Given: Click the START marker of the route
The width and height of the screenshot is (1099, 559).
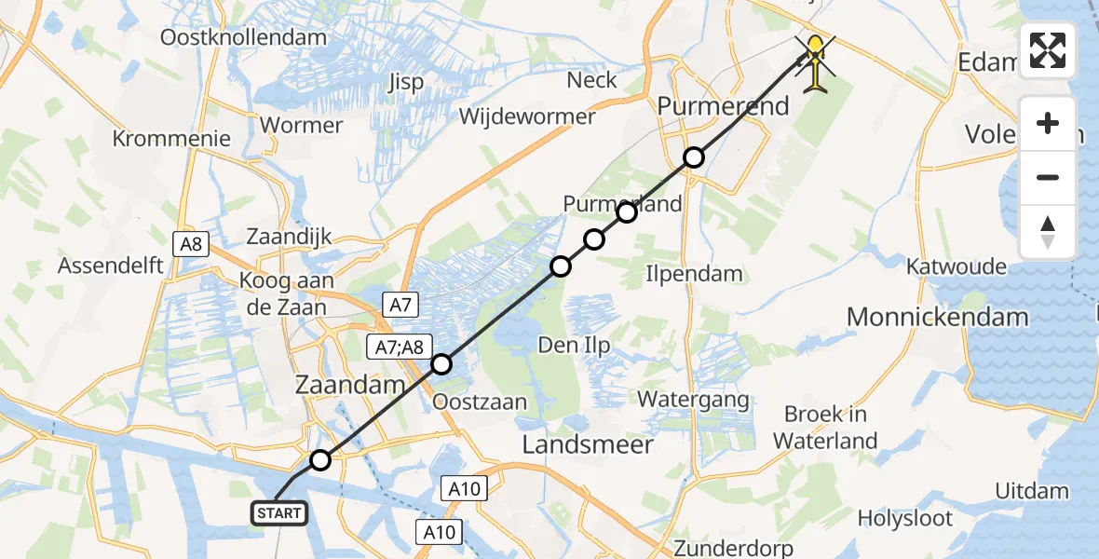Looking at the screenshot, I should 278,513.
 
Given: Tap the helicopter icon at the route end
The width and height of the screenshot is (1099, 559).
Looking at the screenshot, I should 817,62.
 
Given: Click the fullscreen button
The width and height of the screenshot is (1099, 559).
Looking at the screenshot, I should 1048,50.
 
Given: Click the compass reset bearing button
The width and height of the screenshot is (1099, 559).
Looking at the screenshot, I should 1048,232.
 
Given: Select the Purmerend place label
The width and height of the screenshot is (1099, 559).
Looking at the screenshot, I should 723,105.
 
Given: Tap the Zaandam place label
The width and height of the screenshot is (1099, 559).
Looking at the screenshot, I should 349,383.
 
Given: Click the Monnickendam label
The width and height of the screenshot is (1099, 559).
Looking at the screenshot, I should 937,317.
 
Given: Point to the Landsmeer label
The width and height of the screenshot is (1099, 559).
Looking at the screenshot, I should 587,444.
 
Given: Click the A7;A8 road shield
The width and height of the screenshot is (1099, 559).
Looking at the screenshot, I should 400,346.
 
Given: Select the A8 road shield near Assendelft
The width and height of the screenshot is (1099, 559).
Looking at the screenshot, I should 191,245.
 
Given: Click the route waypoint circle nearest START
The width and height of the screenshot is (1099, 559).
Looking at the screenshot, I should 319,460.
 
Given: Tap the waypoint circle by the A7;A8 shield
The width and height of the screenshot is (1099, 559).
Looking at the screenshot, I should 441,364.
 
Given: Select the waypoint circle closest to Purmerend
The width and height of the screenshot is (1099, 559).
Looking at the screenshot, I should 693,157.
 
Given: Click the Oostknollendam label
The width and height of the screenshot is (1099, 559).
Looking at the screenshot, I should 244,38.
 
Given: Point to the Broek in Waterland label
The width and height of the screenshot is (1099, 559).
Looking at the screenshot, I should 824,427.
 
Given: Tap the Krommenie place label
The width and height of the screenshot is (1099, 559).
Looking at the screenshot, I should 171,139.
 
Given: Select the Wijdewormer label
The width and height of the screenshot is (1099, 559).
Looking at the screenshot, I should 527,116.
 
